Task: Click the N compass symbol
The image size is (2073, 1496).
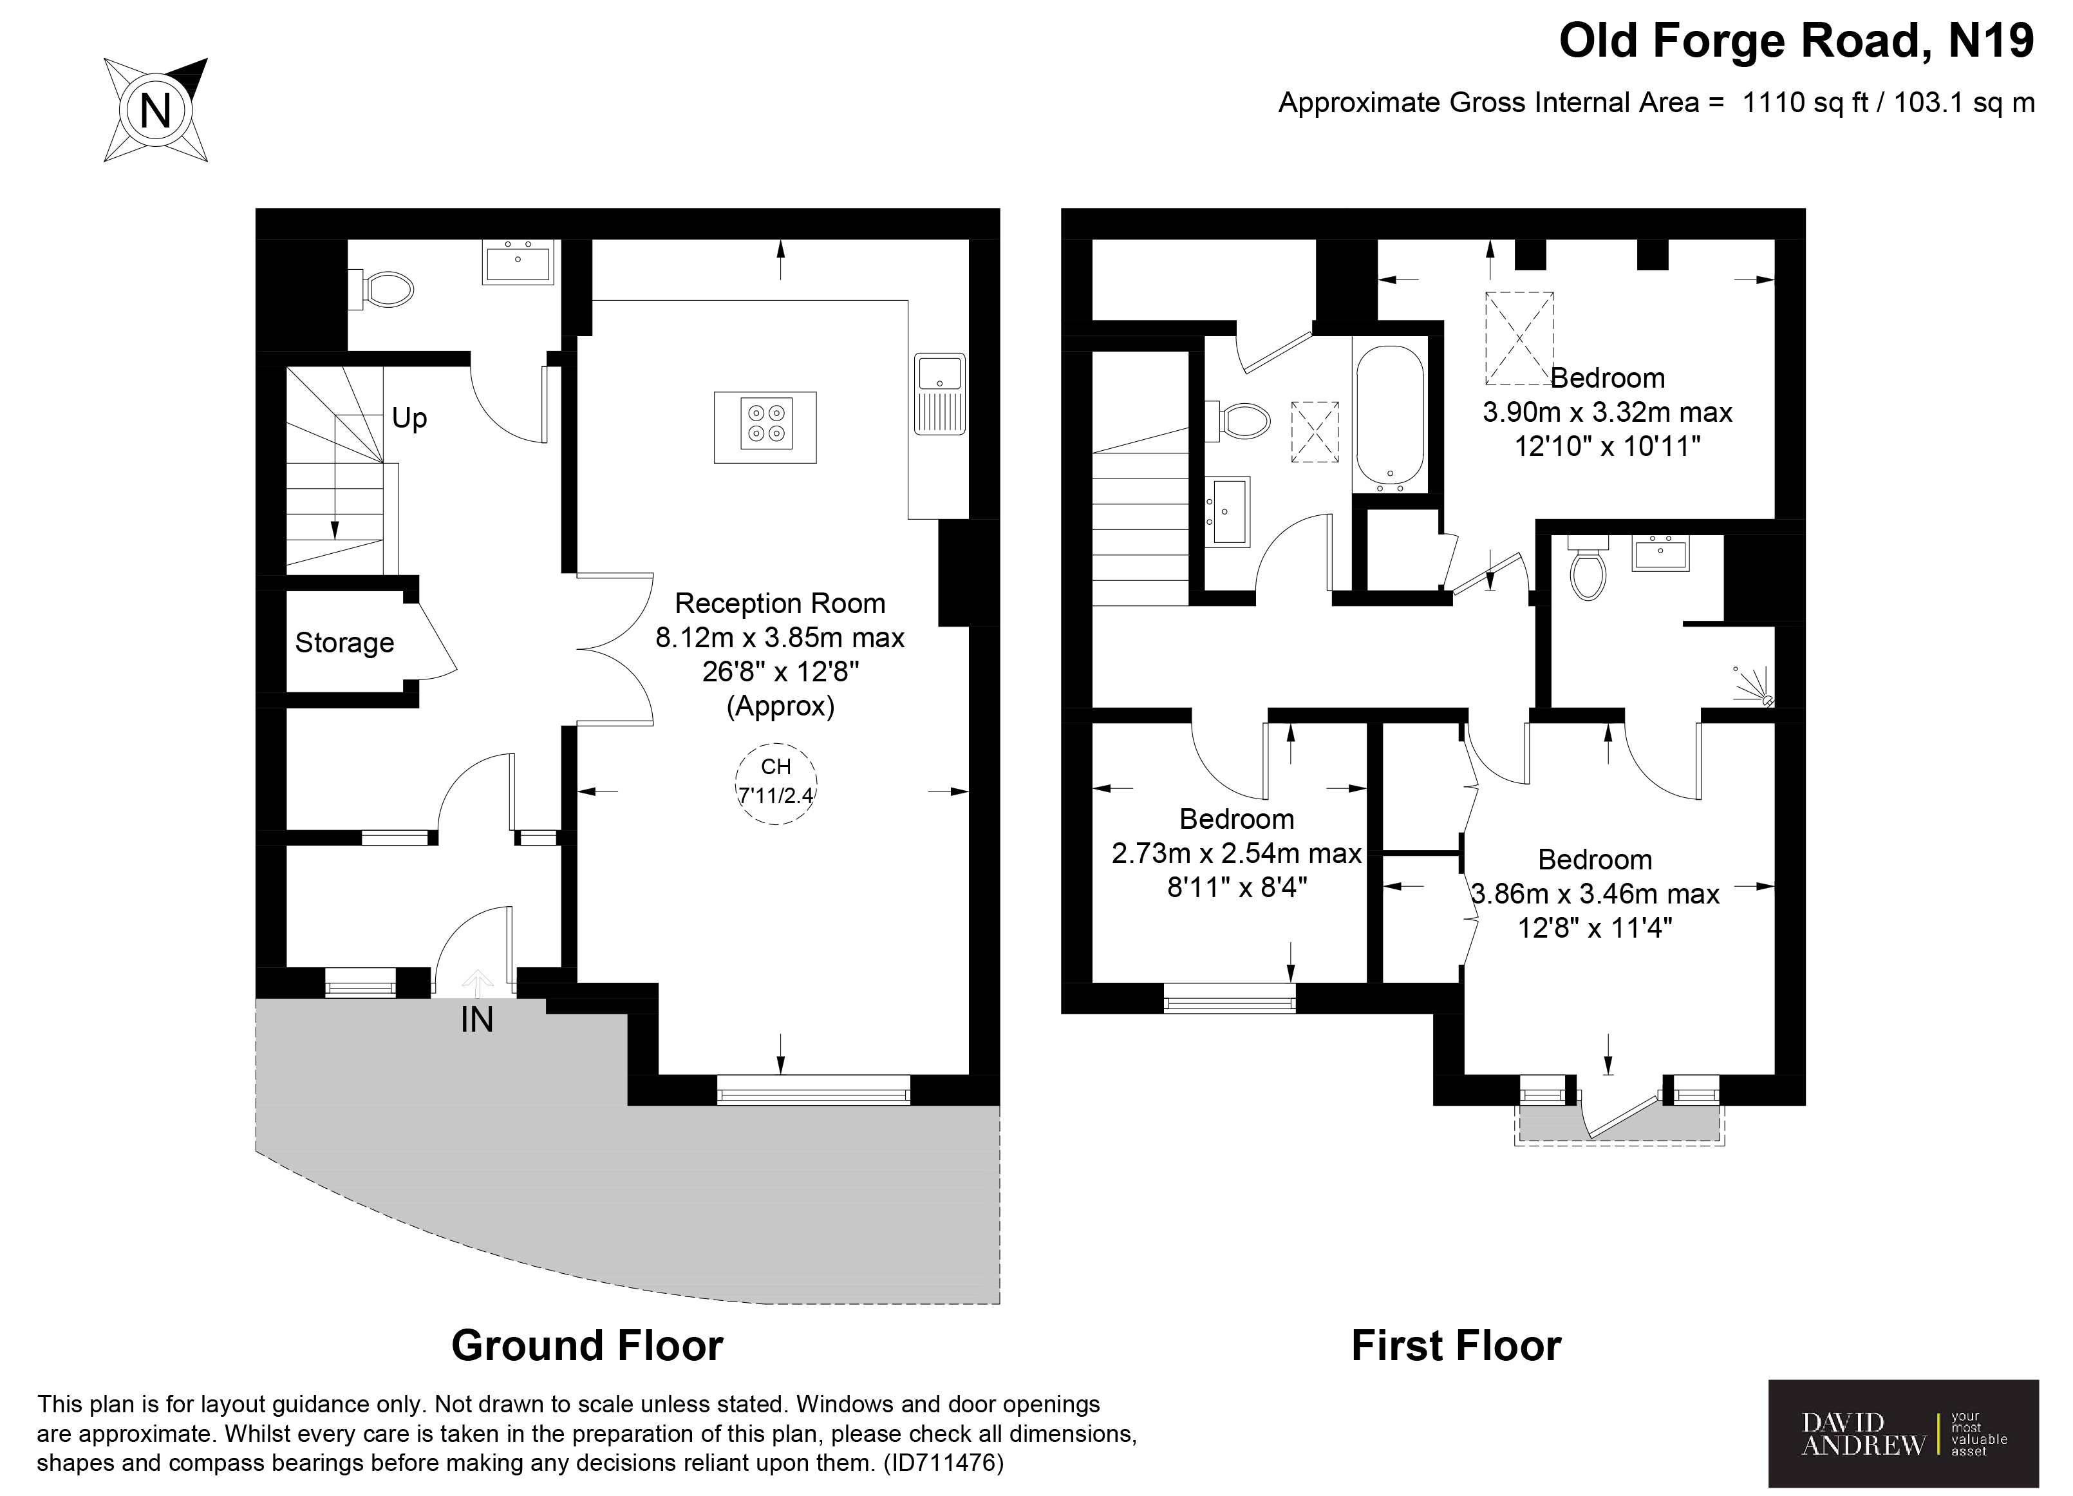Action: (x=155, y=111)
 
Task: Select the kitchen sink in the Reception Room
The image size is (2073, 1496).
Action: (x=940, y=393)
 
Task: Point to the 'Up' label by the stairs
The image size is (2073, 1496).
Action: (x=409, y=418)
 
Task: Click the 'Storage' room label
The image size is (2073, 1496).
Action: (x=344, y=643)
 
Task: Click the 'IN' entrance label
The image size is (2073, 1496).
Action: (x=476, y=1019)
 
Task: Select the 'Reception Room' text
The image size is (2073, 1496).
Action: (x=780, y=603)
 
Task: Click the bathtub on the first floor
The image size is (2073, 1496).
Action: (x=1389, y=417)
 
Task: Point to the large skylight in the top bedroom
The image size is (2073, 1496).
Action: (x=1518, y=338)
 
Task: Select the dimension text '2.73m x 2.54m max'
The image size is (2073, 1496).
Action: (x=1236, y=853)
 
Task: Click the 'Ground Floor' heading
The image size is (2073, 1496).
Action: (x=586, y=1346)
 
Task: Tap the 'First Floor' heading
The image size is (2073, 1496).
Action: (x=1456, y=1346)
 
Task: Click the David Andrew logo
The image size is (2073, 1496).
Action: (x=1903, y=1434)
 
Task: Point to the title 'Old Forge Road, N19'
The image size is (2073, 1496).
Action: (x=1796, y=41)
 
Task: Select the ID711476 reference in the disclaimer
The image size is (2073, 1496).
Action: (x=943, y=1463)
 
